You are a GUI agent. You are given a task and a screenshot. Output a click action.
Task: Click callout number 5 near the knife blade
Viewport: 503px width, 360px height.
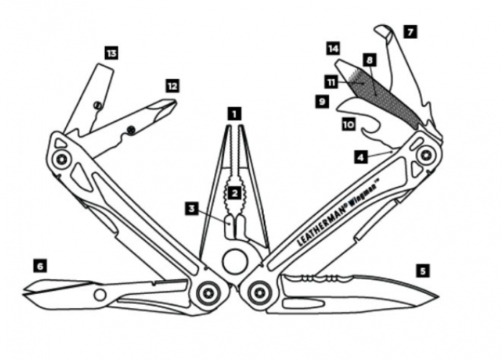[x=423, y=271]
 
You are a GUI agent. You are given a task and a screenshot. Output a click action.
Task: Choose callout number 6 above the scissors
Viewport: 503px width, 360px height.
[x=40, y=266]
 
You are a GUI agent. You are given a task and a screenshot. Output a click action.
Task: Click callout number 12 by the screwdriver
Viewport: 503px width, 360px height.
[x=172, y=86]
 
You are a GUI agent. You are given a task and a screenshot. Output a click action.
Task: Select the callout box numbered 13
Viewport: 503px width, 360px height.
[x=111, y=53]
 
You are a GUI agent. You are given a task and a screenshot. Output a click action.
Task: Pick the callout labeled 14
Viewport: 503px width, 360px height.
[x=332, y=48]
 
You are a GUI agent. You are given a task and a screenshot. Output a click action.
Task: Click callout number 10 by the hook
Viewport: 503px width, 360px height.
[x=349, y=124]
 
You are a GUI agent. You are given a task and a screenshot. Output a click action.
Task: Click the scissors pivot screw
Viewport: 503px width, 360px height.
[x=100, y=295]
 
